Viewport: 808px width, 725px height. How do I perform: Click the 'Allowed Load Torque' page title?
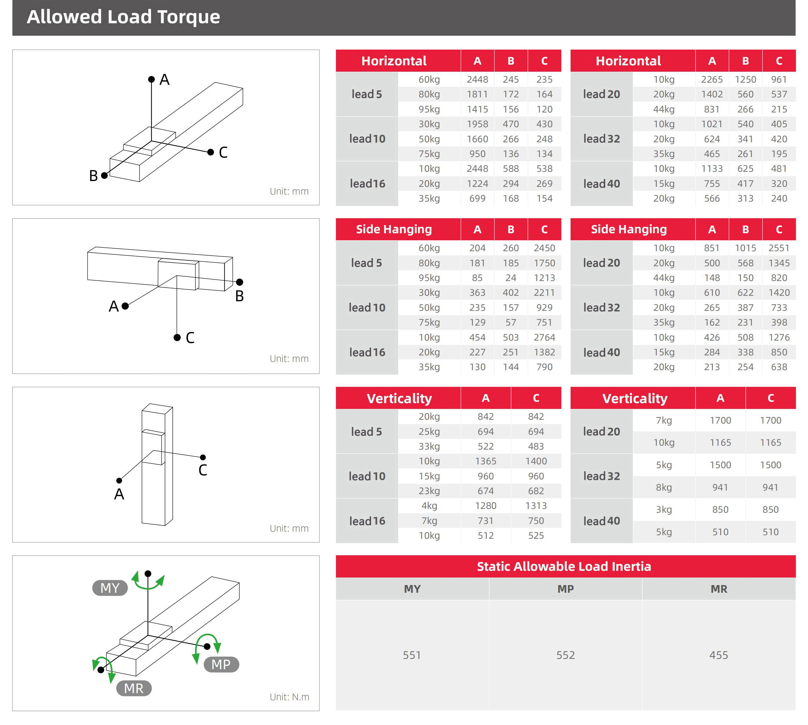[123, 17]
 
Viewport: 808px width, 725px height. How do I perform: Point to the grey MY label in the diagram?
[110, 588]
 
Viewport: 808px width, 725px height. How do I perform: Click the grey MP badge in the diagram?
[221, 664]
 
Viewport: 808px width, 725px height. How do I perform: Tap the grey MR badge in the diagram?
[134, 688]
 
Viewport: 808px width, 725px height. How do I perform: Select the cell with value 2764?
[544, 337]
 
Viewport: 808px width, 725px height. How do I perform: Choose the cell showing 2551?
[778, 248]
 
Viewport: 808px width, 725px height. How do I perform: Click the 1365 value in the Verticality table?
[486, 461]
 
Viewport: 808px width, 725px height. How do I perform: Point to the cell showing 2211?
[544, 293]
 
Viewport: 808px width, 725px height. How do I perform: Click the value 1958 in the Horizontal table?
[477, 124]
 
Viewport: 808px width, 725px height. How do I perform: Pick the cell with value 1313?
[536, 506]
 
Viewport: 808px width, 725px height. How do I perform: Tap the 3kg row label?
[664, 510]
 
